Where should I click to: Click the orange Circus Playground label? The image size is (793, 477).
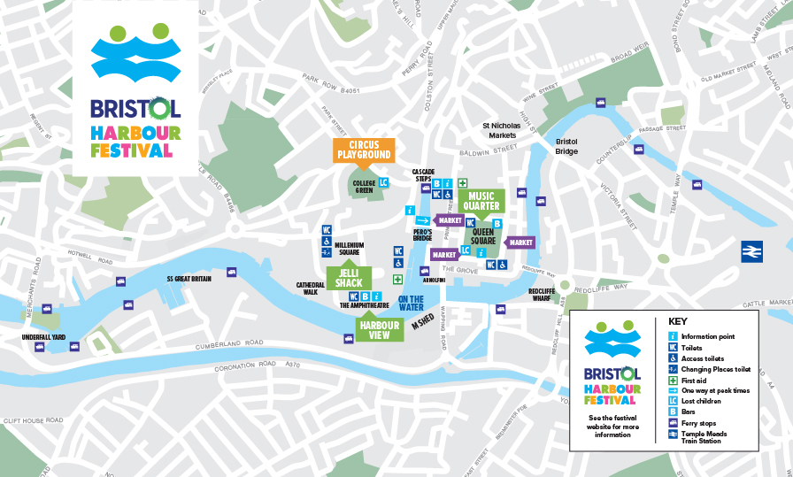(363, 150)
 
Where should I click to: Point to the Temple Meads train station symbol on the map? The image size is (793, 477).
(751, 252)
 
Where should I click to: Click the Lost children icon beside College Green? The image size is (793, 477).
(383, 183)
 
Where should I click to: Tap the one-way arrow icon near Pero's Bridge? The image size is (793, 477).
(422, 219)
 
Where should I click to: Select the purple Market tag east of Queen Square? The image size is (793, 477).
(521, 242)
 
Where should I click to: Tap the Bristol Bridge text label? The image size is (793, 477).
(566, 146)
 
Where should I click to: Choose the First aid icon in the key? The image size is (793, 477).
(673, 380)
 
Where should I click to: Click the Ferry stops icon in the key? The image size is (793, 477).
(673, 423)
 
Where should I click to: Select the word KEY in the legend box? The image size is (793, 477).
(678, 322)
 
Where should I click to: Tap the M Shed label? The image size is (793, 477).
(422, 324)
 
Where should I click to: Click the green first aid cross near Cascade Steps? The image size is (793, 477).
(462, 182)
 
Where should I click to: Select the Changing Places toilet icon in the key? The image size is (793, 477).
(673, 369)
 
